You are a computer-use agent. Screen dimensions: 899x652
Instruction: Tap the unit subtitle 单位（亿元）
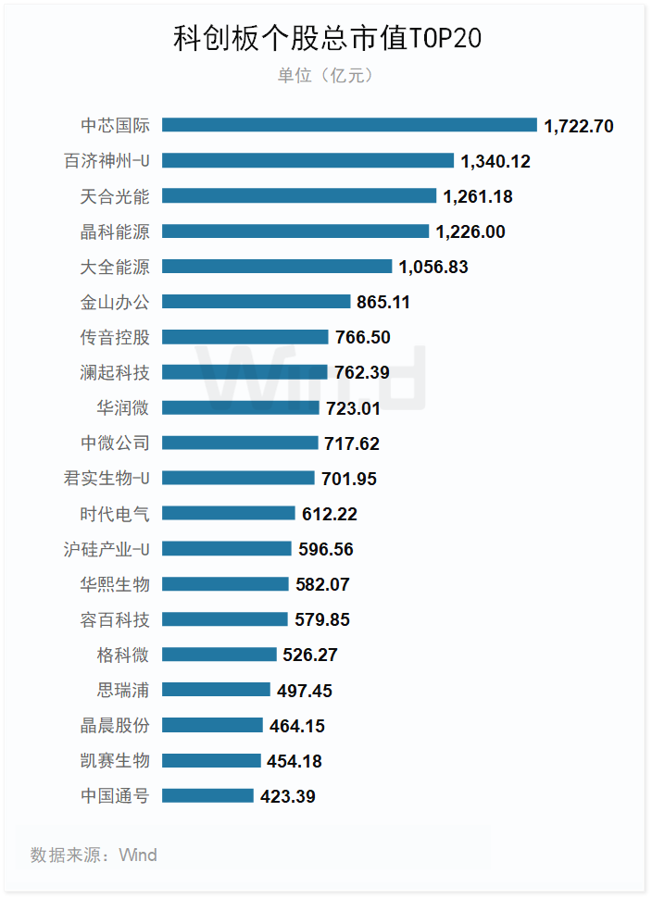click(x=326, y=76)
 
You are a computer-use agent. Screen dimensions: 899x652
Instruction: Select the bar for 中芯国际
click(x=349, y=125)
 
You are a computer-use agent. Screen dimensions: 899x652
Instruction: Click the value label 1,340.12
click(x=495, y=161)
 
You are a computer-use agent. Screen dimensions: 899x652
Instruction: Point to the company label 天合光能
click(x=115, y=196)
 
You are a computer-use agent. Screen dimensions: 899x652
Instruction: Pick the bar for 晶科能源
click(x=295, y=231)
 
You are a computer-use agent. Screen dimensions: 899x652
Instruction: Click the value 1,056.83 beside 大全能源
click(x=433, y=267)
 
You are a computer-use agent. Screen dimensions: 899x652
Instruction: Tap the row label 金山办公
click(x=115, y=302)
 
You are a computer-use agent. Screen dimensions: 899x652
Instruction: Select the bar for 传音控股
click(x=245, y=337)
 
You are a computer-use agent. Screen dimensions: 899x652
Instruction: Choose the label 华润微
click(x=123, y=407)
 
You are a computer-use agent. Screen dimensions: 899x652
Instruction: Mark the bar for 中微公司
click(x=240, y=443)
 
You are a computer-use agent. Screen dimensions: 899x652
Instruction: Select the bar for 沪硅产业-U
click(x=227, y=549)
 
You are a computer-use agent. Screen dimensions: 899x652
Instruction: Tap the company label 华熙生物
click(x=115, y=584)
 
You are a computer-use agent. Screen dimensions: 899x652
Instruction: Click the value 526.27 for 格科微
click(x=310, y=655)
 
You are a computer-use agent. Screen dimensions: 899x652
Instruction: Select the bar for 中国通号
click(x=207, y=795)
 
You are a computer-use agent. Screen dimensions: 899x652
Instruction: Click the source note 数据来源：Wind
click(x=94, y=855)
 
